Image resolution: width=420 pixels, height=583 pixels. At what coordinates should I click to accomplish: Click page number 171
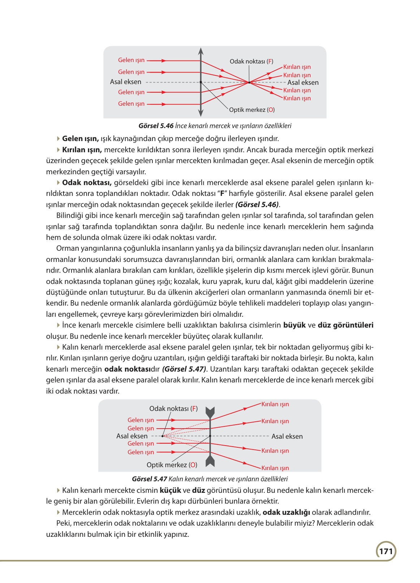click(386, 551)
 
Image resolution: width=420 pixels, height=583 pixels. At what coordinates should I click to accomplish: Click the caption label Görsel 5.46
click(156, 126)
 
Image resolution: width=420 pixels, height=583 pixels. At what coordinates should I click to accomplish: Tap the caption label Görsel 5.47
click(150, 479)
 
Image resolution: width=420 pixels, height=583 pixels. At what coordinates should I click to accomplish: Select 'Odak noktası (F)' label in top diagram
click(251, 61)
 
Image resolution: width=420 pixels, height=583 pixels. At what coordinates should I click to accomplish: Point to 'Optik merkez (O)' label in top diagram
click(252, 110)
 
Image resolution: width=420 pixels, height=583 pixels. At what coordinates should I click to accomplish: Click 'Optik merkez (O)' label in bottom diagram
click(172, 465)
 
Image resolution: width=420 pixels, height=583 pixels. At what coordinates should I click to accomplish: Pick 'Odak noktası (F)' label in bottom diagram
click(173, 409)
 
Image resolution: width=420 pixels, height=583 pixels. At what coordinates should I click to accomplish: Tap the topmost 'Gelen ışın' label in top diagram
click(131, 60)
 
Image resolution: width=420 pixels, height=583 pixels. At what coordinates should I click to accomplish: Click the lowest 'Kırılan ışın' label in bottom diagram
click(275, 468)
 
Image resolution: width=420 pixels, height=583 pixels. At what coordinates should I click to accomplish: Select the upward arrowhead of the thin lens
click(201, 52)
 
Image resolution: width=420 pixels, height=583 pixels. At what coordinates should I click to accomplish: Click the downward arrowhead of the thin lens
click(201, 113)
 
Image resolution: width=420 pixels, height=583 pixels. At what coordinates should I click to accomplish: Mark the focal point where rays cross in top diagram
click(249, 83)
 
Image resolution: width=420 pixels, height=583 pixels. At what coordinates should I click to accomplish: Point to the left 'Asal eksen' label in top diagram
click(126, 82)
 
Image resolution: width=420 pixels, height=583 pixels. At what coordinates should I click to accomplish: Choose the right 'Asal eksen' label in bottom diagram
click(287, 437)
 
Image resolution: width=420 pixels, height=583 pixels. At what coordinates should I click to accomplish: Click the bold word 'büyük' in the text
click(294, 325)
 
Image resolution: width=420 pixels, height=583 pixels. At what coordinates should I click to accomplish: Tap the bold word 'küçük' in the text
click(170, 490)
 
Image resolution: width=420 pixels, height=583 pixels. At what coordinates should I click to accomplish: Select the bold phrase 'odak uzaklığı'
click(286, 512)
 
